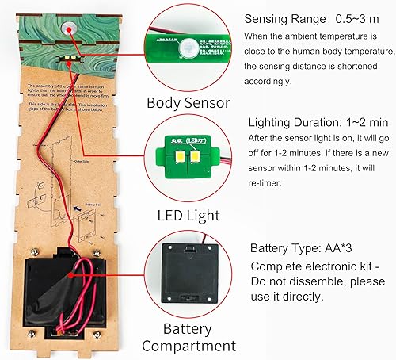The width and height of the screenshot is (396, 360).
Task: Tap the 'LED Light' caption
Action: [189, 213]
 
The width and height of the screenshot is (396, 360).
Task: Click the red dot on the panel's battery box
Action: [74, 274]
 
